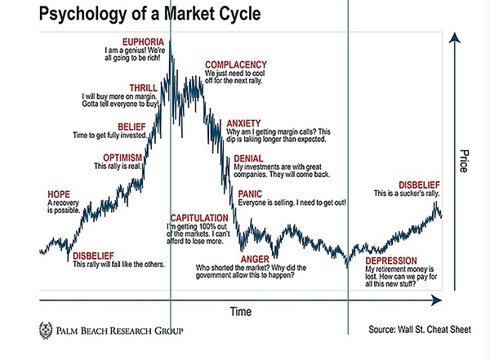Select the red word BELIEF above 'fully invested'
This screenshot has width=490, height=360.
pos(131,127)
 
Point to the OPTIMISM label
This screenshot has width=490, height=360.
pos(122,158)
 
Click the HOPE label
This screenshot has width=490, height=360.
pos(59,193)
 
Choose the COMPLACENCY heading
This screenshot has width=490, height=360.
pos(235,64)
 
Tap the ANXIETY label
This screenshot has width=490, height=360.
pos(243,122)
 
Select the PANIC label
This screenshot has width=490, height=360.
pos(250,193)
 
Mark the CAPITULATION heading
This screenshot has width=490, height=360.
pos(198,217)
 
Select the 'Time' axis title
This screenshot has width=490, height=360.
pos(240,312)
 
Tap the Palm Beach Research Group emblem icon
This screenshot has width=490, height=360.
pos(47,331)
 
